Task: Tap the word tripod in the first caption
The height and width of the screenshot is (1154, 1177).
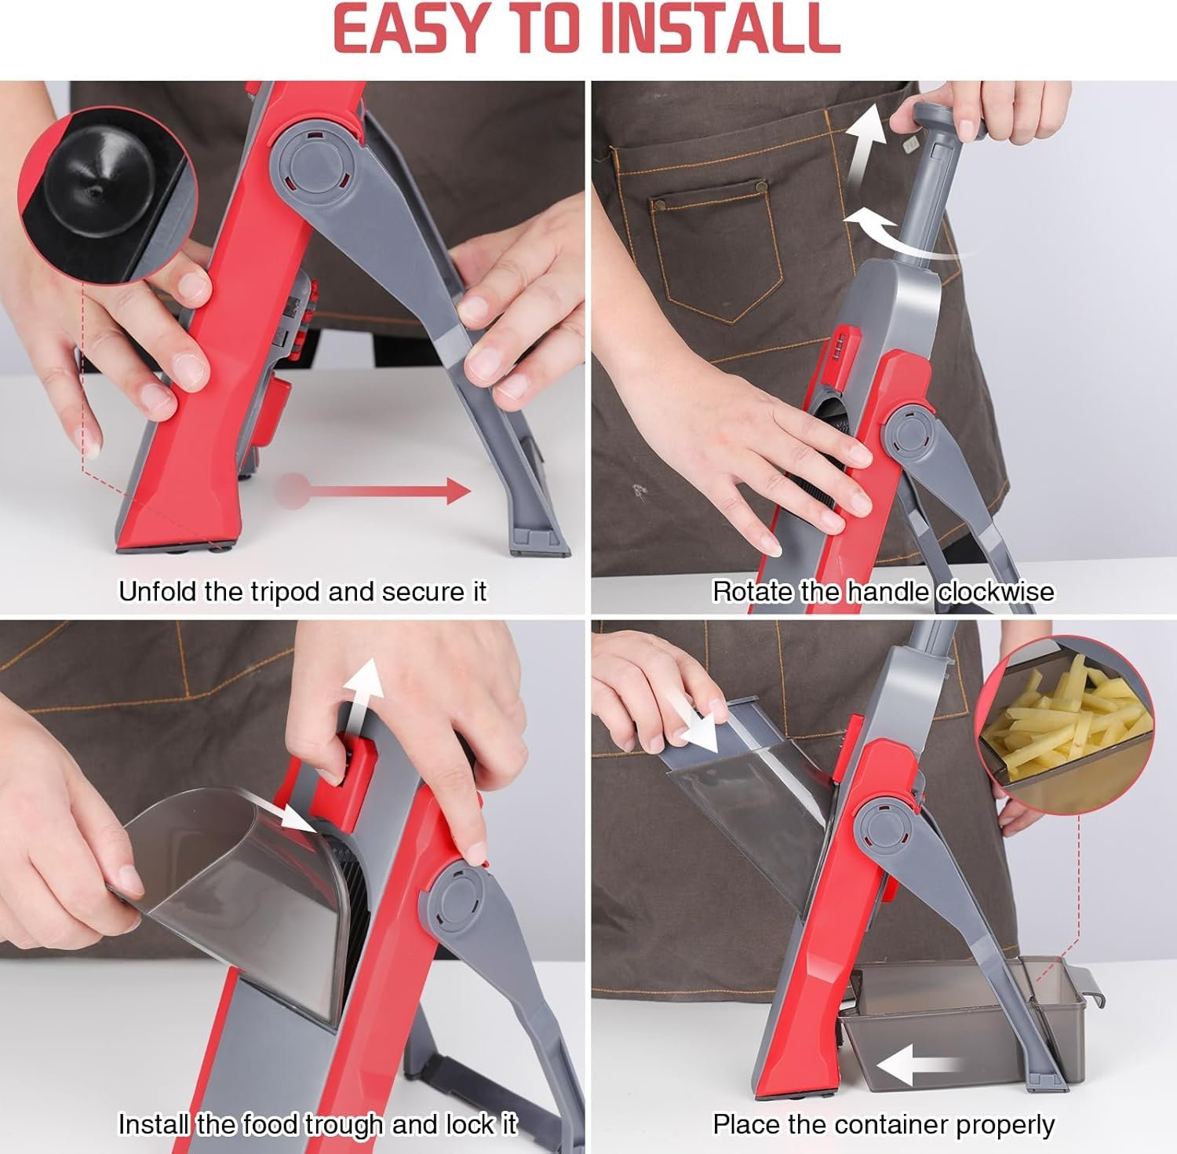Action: coord(286,591)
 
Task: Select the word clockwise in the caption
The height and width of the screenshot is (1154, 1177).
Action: coord(995,591)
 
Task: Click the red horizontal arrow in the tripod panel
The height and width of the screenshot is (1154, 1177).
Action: coord(373,492)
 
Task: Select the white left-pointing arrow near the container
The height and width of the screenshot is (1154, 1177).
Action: coord(919,1066)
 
